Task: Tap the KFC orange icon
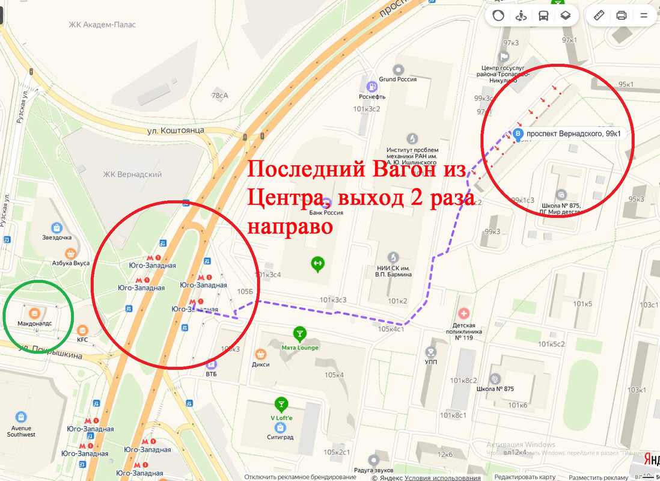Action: click(83, 331)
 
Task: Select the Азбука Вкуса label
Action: click(70, 263)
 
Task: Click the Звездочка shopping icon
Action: click(57, 228)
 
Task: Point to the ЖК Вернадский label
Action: click(132, 174)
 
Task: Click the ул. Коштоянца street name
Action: click(176, 130)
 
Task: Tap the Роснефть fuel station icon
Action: click(372, 85)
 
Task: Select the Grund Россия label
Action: click(397, 79)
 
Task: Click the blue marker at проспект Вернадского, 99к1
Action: click(518, 133)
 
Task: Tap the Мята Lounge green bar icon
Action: click(299, 333)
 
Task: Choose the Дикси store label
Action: click(261, 364)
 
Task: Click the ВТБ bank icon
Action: click(211, 364)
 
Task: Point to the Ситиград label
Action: click(280, 437)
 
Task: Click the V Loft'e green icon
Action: click(280, 403)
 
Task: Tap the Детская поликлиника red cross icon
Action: click(463, 313)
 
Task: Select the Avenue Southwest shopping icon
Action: click(22, 417)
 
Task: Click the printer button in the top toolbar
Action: click(622, 16)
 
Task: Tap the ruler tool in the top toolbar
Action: click(599, 16)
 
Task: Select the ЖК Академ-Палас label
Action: click(102, 25)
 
